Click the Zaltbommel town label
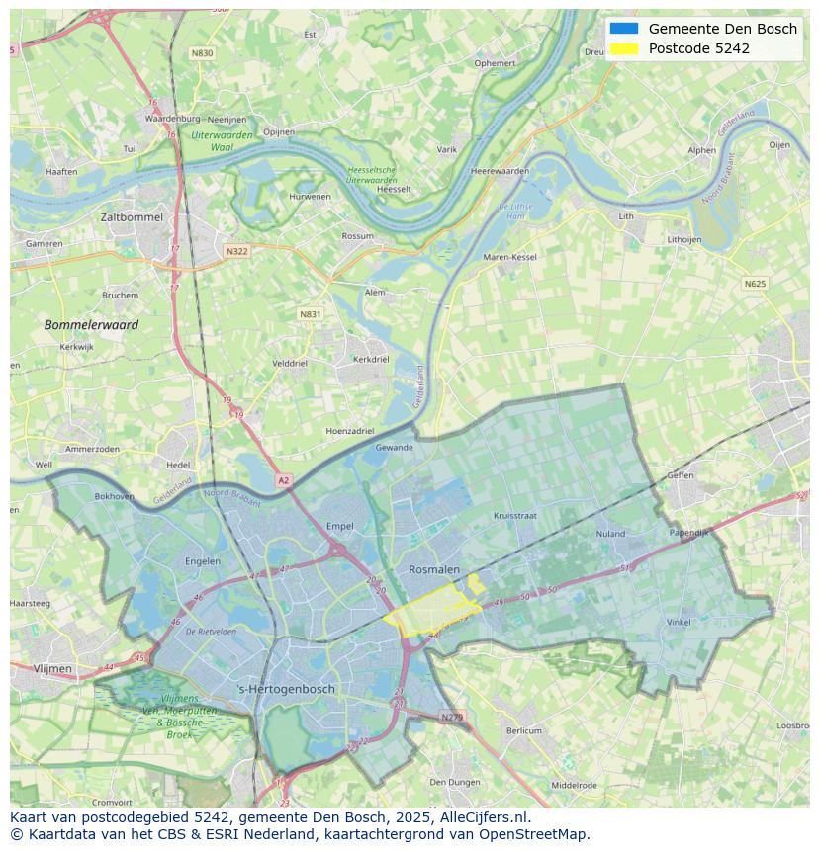pos(132,216)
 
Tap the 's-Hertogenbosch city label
pos(287,689)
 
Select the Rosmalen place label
pos(434,570)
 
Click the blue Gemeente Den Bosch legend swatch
pos(624,29)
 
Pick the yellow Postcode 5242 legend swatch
pos(624,48)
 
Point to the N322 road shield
pos(236,251)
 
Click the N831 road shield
pos(311,314)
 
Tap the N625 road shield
pos(755,284)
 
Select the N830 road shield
pos(202,53)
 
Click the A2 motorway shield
pos(284,480)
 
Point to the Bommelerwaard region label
pos(91,324)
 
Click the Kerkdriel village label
pos(371,359)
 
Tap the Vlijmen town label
pos(52,669)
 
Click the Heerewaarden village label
pos(500,171)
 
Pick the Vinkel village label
pos(679,622)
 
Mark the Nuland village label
pos(610,534)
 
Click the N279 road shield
pos(452,717)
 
